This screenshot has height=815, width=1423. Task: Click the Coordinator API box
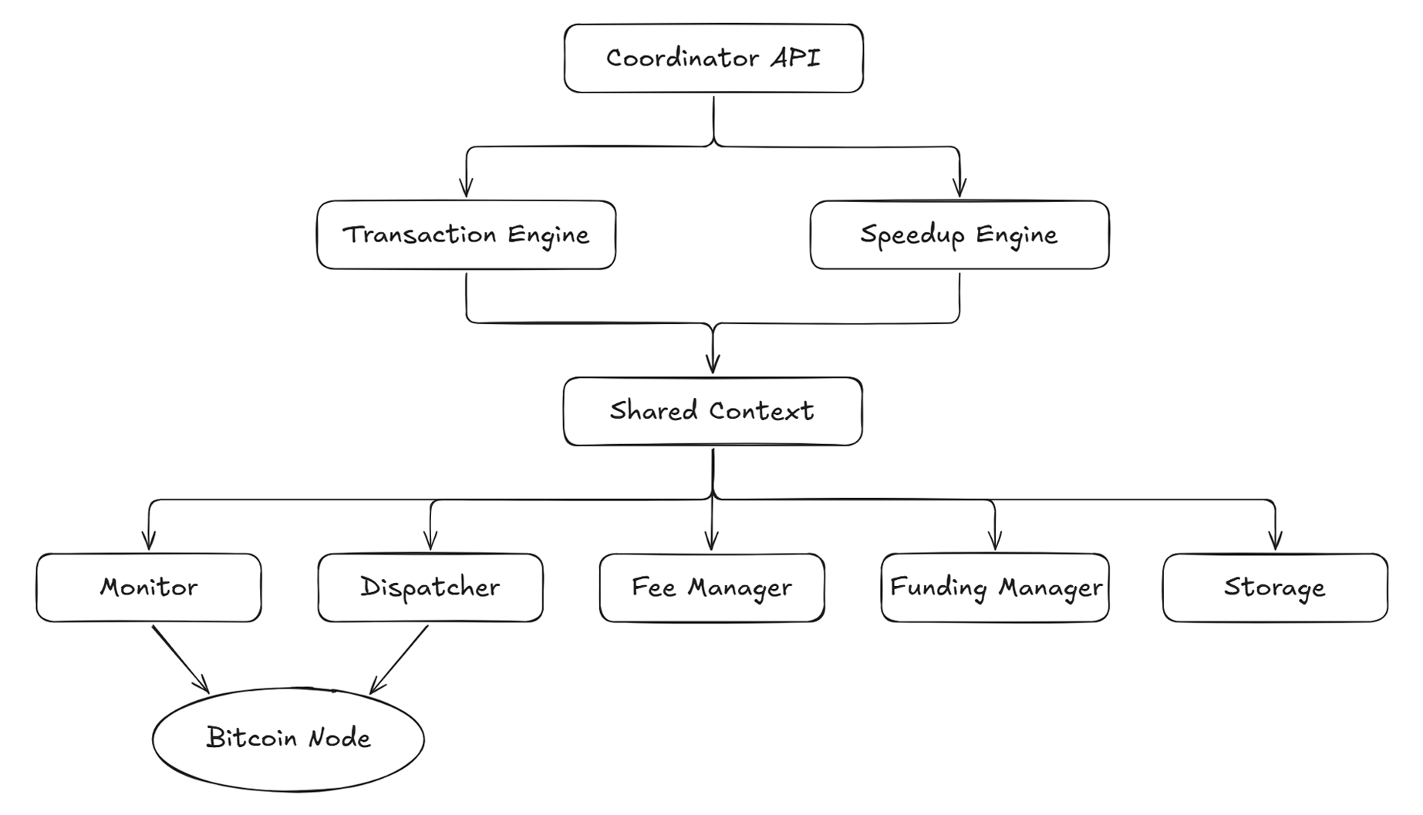pos(713,59)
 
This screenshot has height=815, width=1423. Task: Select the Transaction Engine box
pos(466,234)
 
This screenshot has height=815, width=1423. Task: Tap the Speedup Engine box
pos(959,234)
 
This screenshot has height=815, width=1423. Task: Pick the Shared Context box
pos(713,411)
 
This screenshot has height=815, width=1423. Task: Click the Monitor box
pos(149,588)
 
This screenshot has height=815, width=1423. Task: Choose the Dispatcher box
pos(430,588)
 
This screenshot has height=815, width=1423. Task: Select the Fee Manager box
pos(712,588)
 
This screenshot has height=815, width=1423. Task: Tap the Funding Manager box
pos(995,588)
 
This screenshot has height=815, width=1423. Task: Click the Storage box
pos(1275,588)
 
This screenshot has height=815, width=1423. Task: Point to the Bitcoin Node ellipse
pos(288,739)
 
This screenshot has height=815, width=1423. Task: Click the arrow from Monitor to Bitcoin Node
pos(180,659)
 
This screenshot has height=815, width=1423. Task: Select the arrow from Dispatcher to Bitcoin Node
pos(399,659)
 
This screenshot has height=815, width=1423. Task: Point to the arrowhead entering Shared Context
pos(713,363)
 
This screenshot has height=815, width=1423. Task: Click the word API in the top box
pos(795,58)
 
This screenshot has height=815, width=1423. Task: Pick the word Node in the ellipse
pos(339,739)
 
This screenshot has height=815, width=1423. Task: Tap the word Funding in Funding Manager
pos(938,588)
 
